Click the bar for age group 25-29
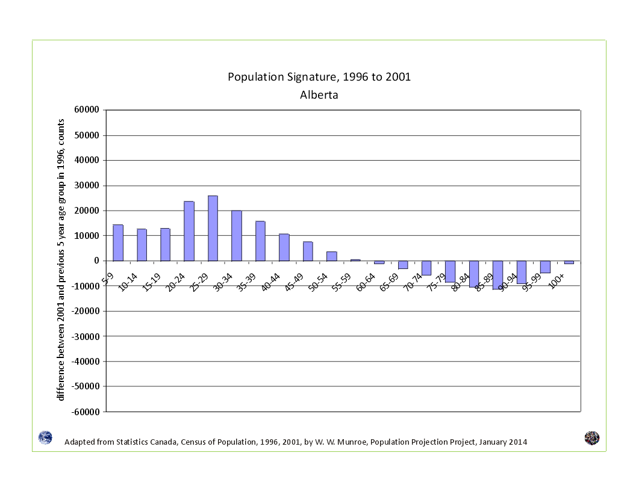[213, 228]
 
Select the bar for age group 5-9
[118, 242]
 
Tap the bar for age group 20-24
[189, 231]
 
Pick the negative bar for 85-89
[497, 275]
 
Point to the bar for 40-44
[284, 247]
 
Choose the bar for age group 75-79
[450, 271]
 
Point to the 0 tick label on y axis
[96, 261]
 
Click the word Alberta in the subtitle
[319, 95]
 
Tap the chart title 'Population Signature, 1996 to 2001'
[319, 77]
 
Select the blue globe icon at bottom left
[45, 438]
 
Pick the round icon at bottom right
[591, 438]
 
